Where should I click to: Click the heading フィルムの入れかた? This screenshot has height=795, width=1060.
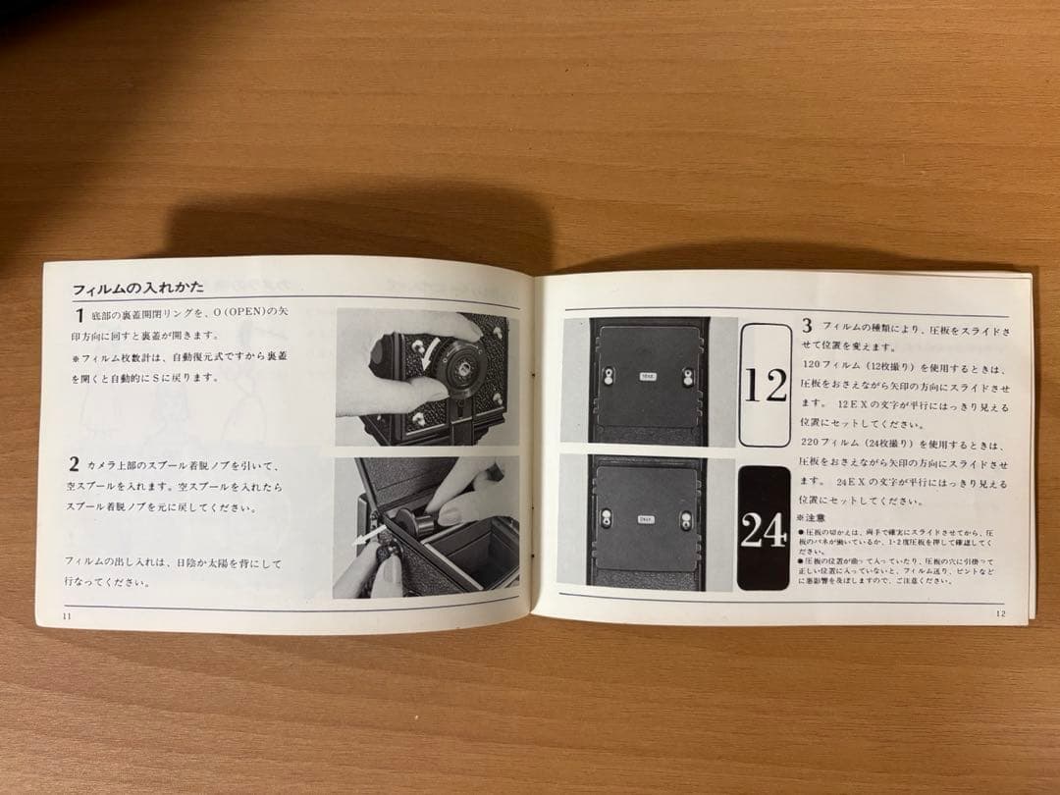tap(137, 290)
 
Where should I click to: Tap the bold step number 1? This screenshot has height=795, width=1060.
tap(79, 316)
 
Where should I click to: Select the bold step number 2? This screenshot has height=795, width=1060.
tap(75, 463)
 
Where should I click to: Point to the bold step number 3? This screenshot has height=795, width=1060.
tap(807, 325)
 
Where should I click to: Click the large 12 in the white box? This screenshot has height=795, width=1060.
tap(766, 386)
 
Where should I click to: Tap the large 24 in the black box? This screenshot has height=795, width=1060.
tap(764, 531)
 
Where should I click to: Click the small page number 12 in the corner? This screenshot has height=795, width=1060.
tap(999, 613)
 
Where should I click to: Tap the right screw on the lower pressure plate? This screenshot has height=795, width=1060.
tap(687, 521)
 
